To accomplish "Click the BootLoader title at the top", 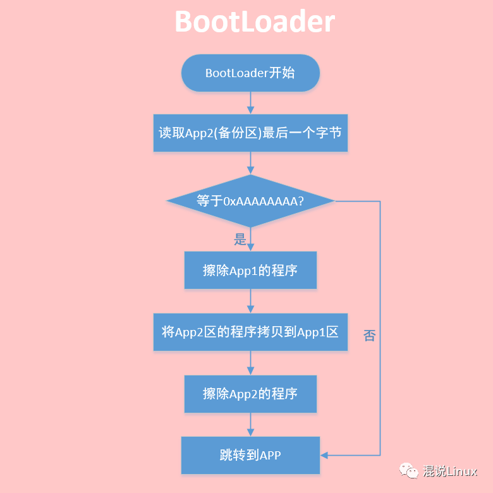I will pos(254,23).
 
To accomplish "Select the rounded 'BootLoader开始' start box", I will pos(250,73).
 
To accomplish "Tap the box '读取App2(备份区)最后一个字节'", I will pos(250,133).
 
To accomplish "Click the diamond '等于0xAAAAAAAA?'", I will pos(250,201).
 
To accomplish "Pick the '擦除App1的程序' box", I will pos(250,271).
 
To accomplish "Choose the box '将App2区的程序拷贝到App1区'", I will pos(250,331).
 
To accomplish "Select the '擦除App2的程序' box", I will pos(250,394).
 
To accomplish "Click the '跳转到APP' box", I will pos(250,455).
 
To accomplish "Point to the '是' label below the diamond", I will pos(240,240).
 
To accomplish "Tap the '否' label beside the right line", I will pos(370,336).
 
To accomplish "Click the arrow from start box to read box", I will pos(250,102).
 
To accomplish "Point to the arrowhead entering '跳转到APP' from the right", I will pos(325,455).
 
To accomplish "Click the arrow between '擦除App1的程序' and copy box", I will pos(250,301).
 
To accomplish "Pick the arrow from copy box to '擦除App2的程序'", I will pos(250,363).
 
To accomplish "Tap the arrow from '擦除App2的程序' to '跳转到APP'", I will pos(250,424).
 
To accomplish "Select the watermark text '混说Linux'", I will pos(450,472).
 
